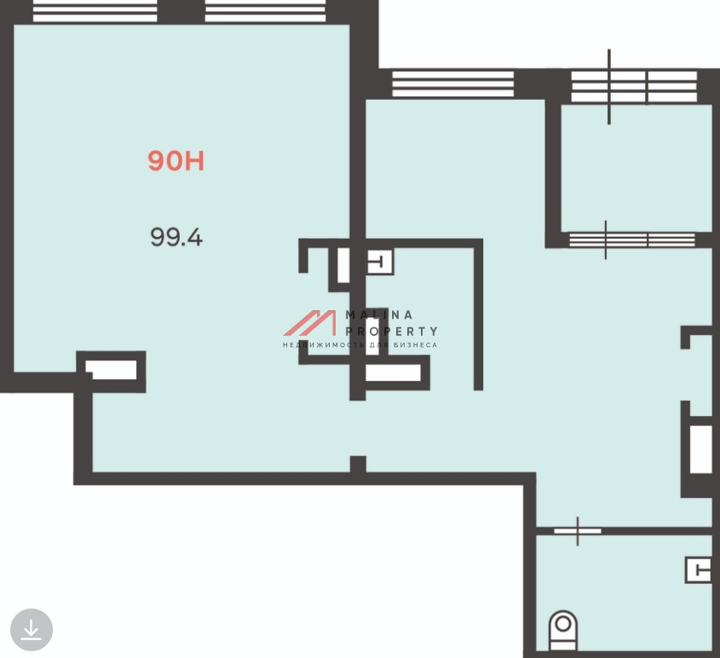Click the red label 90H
tap(176, 161)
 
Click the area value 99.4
tap(176, 238)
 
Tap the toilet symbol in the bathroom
tap(563, 630)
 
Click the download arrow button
tap(32, 630)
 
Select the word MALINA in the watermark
tap(379, 315)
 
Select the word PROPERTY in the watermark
tap(391, 331)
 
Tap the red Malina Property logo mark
tap(310, 323)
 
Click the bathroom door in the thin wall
tap(577, 531)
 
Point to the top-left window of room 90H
tap(95, 11)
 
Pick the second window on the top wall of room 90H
tap(265, 11)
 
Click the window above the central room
tap(452, 84)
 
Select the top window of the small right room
tap(634, 86)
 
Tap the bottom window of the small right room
tap(632, 240)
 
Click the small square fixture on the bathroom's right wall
tap(699, 570)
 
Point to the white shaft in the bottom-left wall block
tap(112, 370)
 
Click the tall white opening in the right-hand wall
tap(700, 449)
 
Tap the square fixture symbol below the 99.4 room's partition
tap(379, 263)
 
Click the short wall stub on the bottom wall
tap(358, 464)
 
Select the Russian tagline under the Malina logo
tap(360, 345)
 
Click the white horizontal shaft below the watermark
tap(393, 372)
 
